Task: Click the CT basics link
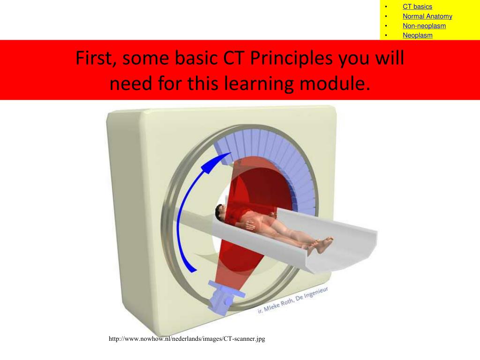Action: (417, 7)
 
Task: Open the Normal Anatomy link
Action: (427, 16)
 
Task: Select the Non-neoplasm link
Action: (424, 26)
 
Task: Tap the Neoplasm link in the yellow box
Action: (417, 35)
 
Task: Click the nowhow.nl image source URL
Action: (187, 338)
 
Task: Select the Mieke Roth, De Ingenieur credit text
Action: (293, 300)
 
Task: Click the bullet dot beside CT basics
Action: (387, 7)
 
